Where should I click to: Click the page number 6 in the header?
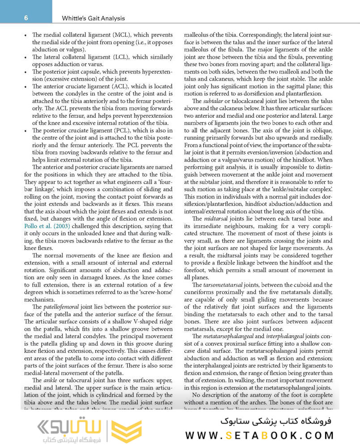(x=26, y=18)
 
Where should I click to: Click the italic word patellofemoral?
(x=57, y=307)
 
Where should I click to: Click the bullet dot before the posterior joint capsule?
(x=26, y=71)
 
